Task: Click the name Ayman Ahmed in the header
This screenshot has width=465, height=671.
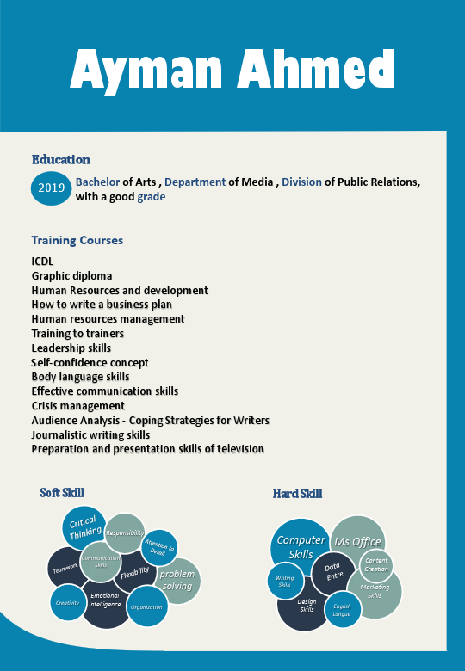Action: [232, 70]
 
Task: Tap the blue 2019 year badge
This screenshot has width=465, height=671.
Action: [52, 188]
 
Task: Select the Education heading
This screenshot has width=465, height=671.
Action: [60, 159]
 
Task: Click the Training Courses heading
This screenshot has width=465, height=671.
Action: [77, 240]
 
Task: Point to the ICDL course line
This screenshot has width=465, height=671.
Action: [43, 262]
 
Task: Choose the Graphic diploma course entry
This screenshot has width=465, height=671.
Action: [71, 276]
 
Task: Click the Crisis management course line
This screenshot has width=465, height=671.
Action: [77, 405]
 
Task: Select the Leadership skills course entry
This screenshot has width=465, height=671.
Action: [71, 348]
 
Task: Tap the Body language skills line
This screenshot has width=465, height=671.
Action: [80, 377]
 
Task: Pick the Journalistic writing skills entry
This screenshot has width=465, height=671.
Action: [90, 434]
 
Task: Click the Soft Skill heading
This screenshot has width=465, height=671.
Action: [62, 492]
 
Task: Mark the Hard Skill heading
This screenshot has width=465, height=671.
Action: [297, 493]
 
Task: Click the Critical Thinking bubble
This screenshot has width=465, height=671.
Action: [84, 526]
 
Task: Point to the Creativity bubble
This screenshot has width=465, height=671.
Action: [67, 603]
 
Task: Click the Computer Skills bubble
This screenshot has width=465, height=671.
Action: [301, 545]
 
